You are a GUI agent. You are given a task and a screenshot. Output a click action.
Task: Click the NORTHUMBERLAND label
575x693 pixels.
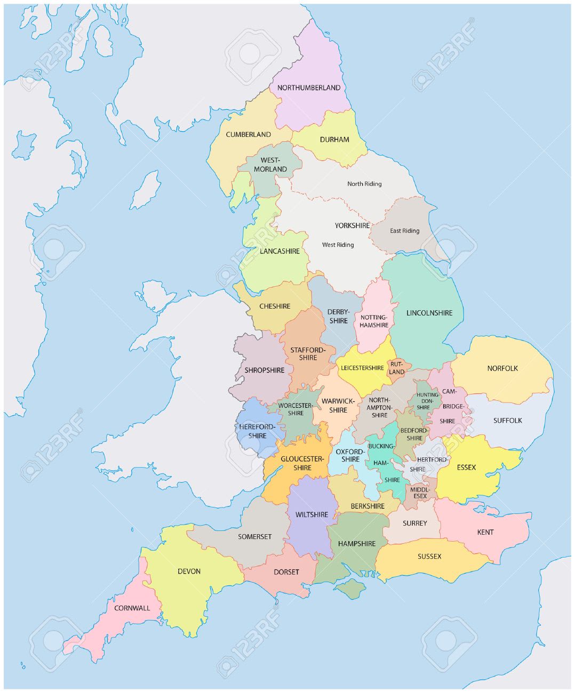[309, 88]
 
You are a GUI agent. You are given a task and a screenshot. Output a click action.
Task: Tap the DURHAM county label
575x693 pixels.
[334, 140]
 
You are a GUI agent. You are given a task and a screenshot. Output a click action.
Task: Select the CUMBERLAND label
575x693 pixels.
[248, 135]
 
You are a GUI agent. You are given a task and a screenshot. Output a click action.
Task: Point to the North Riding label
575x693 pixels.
[364, 184]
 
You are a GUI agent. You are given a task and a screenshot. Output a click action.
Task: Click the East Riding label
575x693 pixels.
[404, 231]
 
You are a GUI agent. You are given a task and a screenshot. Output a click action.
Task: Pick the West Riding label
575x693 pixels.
[338, 245]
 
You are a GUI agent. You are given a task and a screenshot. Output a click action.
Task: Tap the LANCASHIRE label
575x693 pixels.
[279, 251]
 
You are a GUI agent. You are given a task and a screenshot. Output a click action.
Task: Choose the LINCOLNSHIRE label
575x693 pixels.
[429, 313]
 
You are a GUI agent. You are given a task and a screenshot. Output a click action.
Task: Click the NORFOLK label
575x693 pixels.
[502, 368]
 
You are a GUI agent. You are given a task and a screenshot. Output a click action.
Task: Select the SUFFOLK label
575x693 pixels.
[507, 421]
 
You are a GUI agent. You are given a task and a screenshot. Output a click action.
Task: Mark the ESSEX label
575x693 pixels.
[466, 468]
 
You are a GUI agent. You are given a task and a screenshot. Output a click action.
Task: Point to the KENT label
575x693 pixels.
[485, 532]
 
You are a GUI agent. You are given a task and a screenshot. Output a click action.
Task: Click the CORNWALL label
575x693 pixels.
[132, 608]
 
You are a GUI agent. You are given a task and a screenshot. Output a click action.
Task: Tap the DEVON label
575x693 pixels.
[189, 571]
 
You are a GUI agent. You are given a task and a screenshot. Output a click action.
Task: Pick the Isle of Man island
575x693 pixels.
[146, 190]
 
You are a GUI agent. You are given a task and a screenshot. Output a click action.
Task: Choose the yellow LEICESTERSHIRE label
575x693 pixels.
[362, 368]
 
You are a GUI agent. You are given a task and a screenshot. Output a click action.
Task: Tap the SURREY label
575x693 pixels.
[414, 523]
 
